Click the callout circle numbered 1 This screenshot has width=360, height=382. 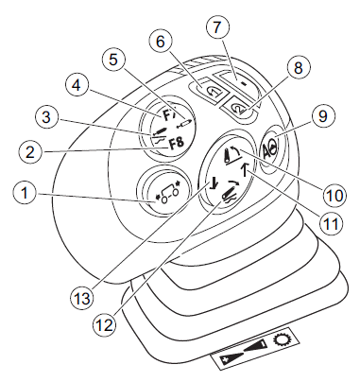(x=25, y=193)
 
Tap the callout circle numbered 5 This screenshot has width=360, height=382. (x=113, y=60)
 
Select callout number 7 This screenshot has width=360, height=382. (x=217, y=26)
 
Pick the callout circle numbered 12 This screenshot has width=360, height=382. (x=105, y=325)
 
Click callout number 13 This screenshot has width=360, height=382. (x=81, y=298)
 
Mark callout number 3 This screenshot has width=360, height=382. (x=46, y=117)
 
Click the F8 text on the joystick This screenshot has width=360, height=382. (x=177, y=144)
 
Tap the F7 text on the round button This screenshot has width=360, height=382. (x=167, y=115)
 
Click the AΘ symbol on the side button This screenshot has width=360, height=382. (x=268, y=146)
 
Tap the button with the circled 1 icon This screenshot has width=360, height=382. (x=209, y=89)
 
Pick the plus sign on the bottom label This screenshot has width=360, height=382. (x=225, y=360)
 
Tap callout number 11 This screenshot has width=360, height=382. (x=331, y=223)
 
